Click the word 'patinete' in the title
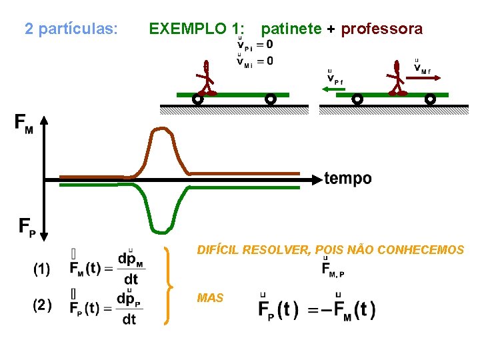291,29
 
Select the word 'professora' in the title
381,29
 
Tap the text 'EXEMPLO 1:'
196,29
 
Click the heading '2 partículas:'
71,29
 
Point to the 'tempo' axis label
348,179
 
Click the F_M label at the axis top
23,123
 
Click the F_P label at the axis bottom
27,227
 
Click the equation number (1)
41,269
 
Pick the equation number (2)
41,306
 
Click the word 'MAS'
210,298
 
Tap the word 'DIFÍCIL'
218,250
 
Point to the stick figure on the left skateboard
207,79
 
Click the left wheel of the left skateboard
197,99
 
